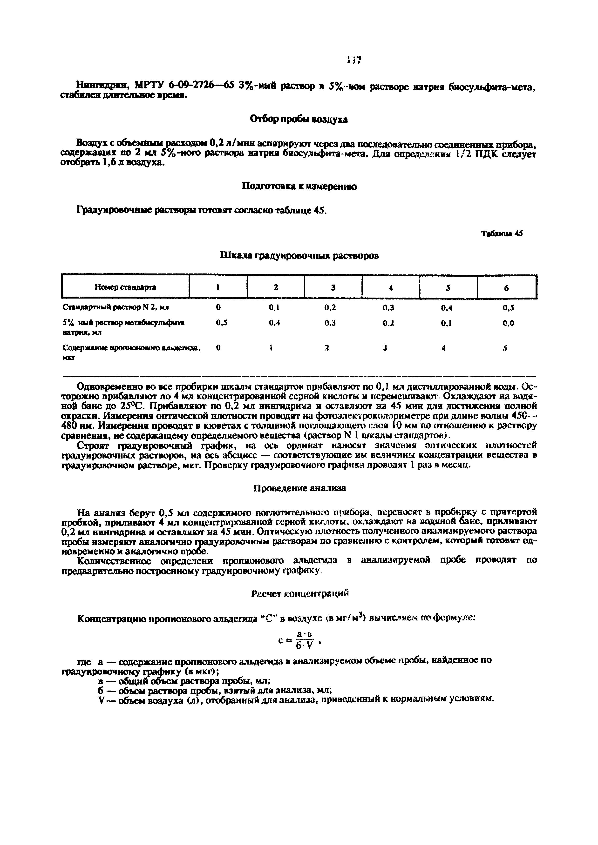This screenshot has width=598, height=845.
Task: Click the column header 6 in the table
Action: (x=506, y=288)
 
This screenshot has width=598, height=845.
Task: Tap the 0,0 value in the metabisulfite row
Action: (x=508, y=323)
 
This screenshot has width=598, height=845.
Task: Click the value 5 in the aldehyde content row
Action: (x=506, y=348)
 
